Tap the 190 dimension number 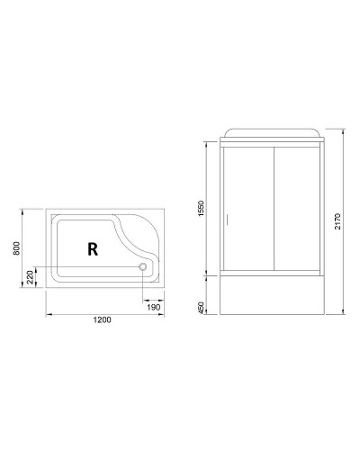click(155, 306)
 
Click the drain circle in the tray click(141, 266)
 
